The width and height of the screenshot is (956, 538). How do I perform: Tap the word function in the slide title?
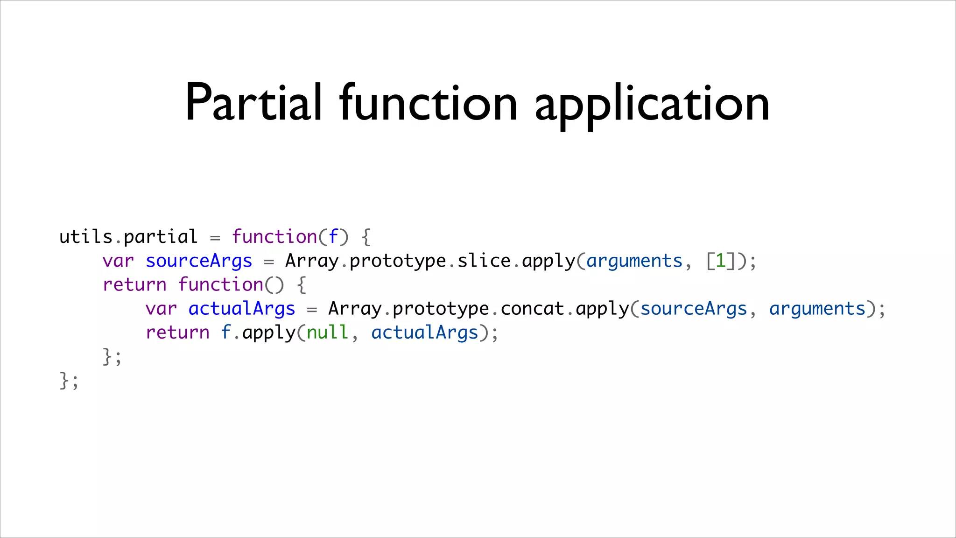point(428,103)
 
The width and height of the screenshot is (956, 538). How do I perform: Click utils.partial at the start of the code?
point(128,237)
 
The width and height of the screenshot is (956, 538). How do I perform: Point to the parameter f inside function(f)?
point(333,237)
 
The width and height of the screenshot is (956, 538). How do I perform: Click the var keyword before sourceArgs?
point(118,261)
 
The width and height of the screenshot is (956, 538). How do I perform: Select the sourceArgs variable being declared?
point(199,261)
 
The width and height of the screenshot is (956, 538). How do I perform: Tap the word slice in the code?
point(484,261)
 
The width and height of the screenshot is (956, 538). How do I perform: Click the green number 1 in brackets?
point(721,261)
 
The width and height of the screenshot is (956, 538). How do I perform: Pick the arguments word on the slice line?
point(634,261)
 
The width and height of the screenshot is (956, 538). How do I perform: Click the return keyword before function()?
point(134,285)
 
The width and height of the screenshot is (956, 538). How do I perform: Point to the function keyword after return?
point(221,285)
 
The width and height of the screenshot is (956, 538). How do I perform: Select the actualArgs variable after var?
point(242,309)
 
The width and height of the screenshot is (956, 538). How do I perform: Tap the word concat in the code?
point(532,309)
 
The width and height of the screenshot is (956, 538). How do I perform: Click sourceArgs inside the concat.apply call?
point(694,309)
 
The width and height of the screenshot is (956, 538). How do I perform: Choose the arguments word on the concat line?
point(817,309)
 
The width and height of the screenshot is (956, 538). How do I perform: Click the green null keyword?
point(327,333)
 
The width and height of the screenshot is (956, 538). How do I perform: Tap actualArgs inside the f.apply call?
point(425,333)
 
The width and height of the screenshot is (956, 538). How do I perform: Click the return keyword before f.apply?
point(177,333)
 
